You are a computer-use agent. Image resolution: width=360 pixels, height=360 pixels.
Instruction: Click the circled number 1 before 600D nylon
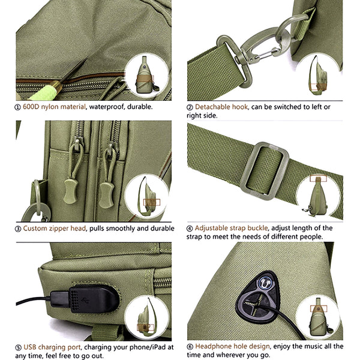point(18,107)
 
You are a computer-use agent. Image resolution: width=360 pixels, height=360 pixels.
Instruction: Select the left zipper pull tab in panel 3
point(71,180)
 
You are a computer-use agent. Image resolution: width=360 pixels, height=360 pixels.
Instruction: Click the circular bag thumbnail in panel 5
point(145,317)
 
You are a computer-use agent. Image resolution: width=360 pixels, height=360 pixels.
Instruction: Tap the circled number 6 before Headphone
point(190,347)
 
